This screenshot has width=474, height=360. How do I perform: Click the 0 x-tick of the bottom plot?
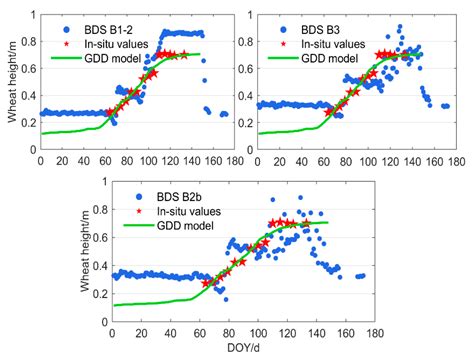[x=112, y=331]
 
